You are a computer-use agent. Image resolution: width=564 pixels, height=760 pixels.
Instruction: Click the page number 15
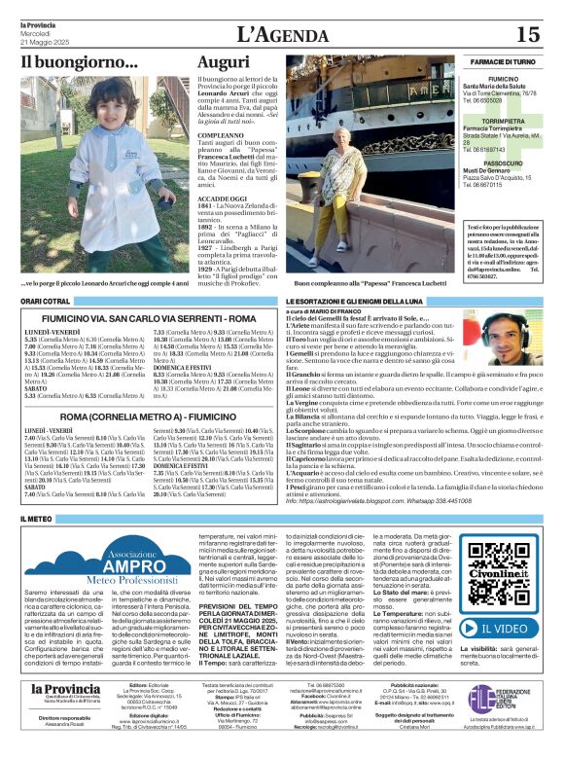tap(527, 33)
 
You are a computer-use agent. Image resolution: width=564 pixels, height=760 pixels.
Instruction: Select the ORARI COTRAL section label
tap(46, 302)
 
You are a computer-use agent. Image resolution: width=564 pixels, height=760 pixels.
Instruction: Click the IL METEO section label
tap(36, 519)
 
